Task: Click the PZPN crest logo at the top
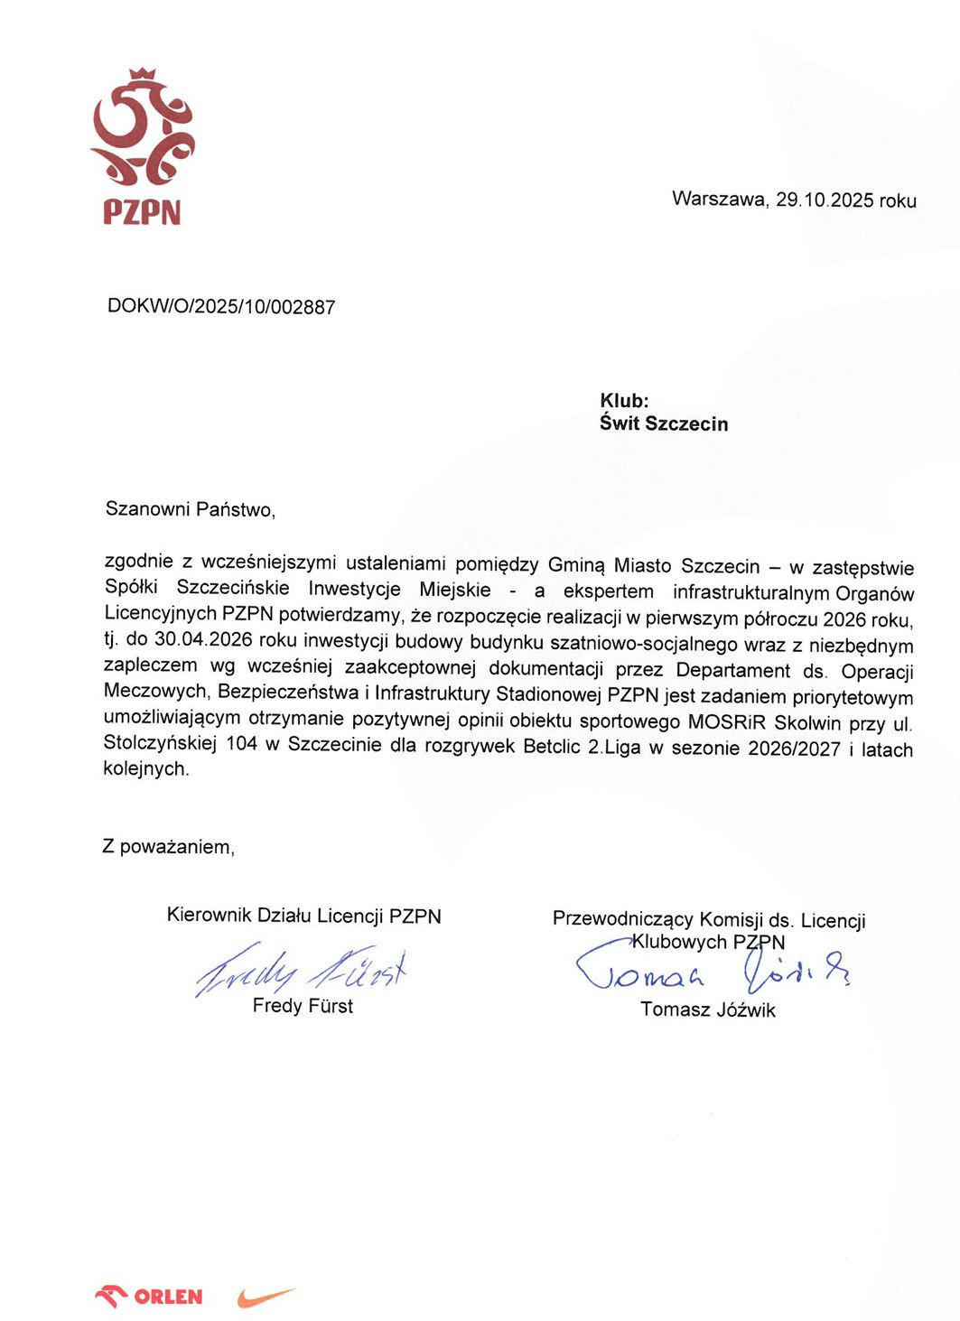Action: point(142,144)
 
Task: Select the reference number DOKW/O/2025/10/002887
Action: point(221,306)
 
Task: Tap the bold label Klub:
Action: point(624,401)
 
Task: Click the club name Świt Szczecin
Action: point(664,423)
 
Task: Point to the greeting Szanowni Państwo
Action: point(190,509)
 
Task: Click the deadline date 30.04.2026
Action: point(205,641)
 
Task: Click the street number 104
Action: point(243,744)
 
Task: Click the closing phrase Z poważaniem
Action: point(168,847)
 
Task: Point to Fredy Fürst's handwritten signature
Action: point(302,971)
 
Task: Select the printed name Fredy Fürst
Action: point(303,1006)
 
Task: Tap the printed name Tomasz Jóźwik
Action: point(708,1009)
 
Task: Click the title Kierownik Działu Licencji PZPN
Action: point(303,916)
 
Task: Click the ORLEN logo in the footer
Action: point(149,1297)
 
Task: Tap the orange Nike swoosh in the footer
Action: point(266,1298)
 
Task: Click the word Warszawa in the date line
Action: point(719,199)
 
